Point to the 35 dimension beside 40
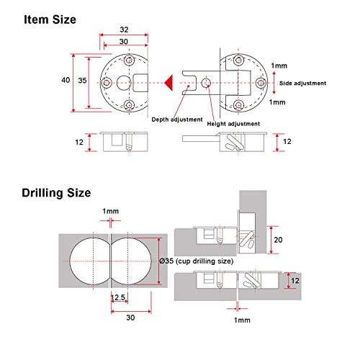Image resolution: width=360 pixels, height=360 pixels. (82, 82)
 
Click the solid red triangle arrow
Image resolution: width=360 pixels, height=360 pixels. (167, 83)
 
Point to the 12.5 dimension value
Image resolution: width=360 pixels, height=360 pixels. (118, 297)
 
